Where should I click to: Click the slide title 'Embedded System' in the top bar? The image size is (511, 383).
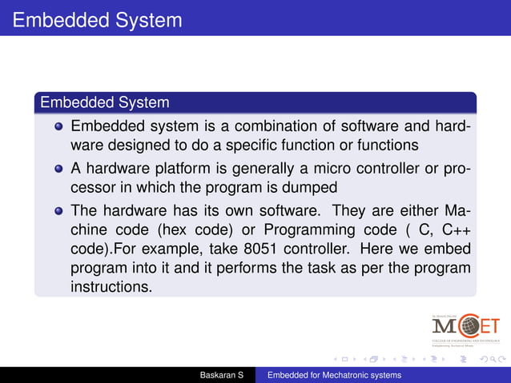point(97,19)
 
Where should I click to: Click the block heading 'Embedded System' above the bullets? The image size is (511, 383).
point(104,103)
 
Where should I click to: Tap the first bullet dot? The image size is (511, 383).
point(58,127)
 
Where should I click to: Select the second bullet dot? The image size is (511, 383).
point(58,170)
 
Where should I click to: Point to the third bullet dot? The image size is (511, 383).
point(58,212)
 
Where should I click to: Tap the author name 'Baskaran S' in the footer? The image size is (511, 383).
point(222,375)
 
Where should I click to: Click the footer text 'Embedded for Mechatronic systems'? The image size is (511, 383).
point(334,375)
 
